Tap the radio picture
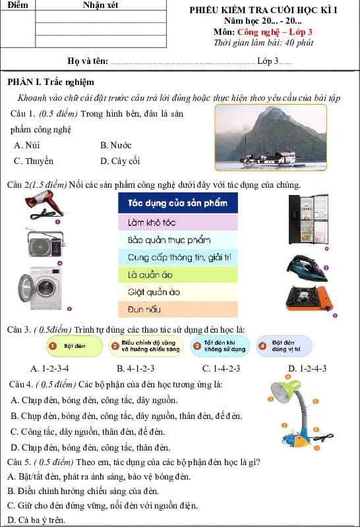pyautogui.click(x=46, y=244)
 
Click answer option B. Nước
pyautogui.click(x=116, y=145)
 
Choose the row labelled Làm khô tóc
pyautogui.click(x=177, y=223)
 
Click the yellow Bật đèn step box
pyautogui.click(x=75, y=345)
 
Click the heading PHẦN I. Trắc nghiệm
pyautogui.click(x=51, y=82)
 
